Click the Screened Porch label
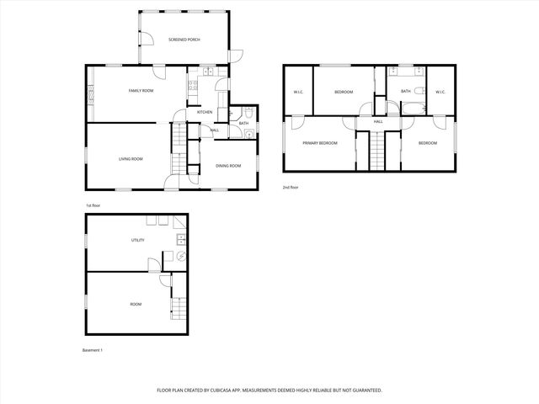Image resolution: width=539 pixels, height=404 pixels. click(x=184, y=40)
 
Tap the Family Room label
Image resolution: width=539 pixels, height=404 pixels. click(x=141, y=90)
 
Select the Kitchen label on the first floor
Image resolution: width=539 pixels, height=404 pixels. click(x=205, y=112)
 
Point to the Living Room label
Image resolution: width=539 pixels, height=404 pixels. click(x=130, y=159)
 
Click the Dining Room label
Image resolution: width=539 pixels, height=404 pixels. click(x=228, y=166)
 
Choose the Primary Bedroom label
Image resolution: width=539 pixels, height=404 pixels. click(x=320, y=143)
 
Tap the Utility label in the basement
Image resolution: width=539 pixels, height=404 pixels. click(x=137, y=240)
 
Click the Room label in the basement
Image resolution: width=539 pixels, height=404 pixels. click(x=136, y=304)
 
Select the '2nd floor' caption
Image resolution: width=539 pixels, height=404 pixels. click(x=291, y=188)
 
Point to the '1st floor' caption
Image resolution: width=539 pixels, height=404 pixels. click(x=93, y=205)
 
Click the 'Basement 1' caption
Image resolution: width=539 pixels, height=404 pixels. click(x=92, y=349)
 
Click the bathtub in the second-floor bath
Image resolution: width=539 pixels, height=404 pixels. click(x=414, y=109)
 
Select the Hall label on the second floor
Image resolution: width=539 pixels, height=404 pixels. click(x=378, y=122)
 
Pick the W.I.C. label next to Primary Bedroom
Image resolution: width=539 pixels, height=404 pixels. click(x=298, y=92)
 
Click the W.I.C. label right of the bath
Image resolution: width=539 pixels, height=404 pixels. click(x=440, y=92)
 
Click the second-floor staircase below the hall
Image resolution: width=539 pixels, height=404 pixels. click(x=378, y=151)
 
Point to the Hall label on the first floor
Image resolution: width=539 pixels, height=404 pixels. click(x=215, y=130)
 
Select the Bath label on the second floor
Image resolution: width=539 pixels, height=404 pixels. click(x=406, y=91)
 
